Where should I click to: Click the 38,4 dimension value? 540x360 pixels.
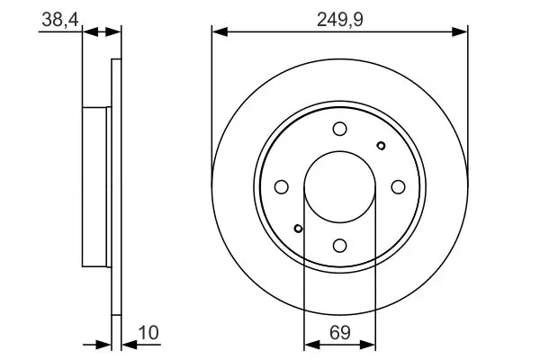point(60,20)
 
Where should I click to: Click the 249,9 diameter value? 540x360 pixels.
point(340,20)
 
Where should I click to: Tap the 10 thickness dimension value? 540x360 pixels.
point(148,333)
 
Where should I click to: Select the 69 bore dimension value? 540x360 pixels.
point(340,333)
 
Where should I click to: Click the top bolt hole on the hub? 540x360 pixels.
point(340,129)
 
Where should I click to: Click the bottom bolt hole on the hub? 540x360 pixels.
point(340,246)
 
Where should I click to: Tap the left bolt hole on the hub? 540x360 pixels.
point(282,187)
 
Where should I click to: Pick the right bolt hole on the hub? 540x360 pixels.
point(398,187)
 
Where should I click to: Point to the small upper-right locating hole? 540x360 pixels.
point(381,146)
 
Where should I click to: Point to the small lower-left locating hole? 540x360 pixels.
point(298,229)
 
